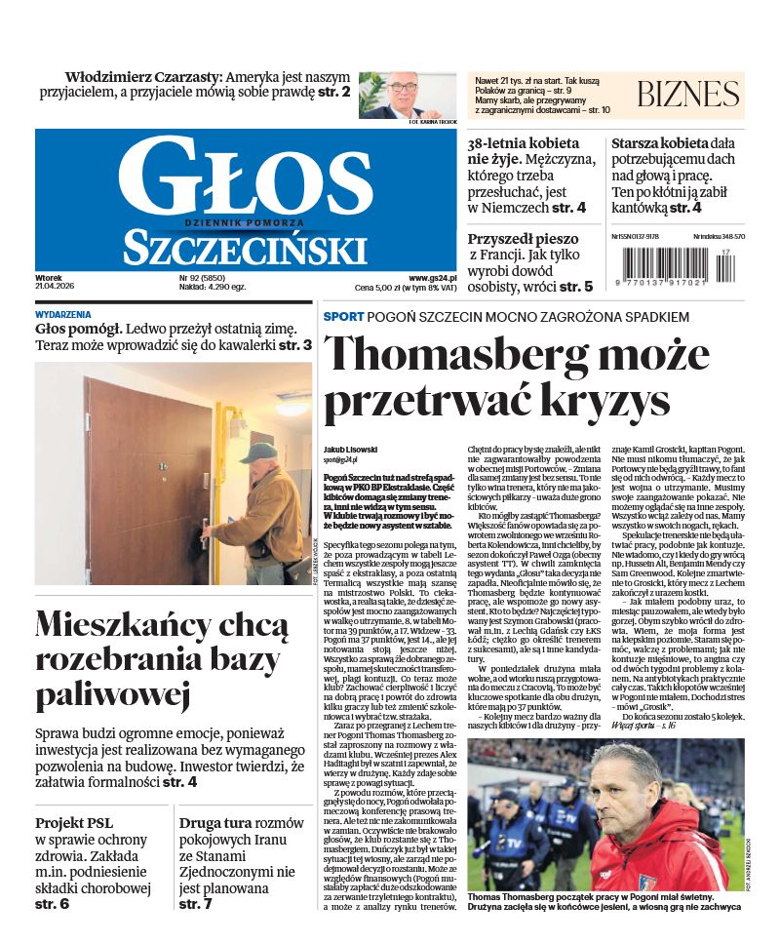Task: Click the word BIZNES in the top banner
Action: (687, 95)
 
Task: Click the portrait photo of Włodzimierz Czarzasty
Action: (407, 95)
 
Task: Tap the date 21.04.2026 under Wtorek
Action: (55, 287)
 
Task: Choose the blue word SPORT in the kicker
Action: (343, 317)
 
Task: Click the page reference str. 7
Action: (195, 904)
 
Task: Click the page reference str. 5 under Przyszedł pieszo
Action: (576, 287)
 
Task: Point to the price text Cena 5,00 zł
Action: (382, 289)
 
